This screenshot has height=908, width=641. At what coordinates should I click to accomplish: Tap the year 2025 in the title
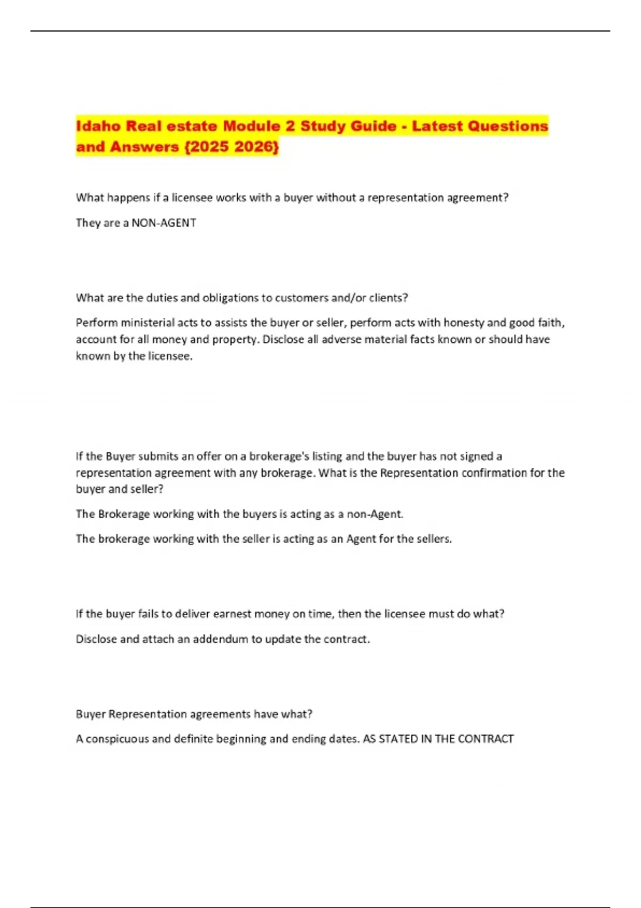tap(209, 147)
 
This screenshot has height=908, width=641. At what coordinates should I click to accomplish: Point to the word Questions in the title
tap(507, 126)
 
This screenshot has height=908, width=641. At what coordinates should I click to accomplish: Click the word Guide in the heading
tap(370, 126)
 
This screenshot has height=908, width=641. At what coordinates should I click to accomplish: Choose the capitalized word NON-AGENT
tap(163, 223)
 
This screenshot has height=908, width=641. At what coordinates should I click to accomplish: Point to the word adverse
tap(341, 339)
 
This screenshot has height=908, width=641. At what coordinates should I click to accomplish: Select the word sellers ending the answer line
tap(434, 539)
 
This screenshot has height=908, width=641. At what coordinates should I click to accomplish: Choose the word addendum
tap(221, 639)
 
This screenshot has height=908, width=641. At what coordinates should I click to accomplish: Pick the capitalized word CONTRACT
tap(486, 739)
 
